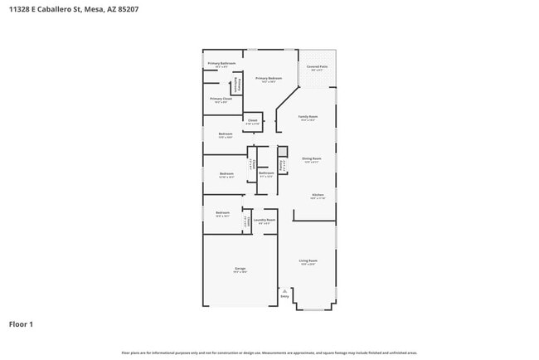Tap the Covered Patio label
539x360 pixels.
coord(317,67)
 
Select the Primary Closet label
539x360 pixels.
coord(221,100)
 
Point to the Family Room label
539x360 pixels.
coord(308,118)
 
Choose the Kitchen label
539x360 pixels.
coord(318,196)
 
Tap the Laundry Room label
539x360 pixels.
coord(265,221)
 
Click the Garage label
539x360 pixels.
coord(240,270)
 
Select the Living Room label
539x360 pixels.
coord(308,261)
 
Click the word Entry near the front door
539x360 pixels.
coord(284,296)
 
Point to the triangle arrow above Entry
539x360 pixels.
coord(284,290)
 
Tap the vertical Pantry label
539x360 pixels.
coord(282,165)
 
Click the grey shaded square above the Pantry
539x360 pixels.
coord(282,151)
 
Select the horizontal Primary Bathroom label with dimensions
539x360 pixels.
coord(221,64)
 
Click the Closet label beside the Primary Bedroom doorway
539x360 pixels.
coord(253,121)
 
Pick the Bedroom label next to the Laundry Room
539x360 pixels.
coord(222,213)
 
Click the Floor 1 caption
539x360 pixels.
coord(21,324)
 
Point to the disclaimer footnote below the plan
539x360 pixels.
coord(269,353)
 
